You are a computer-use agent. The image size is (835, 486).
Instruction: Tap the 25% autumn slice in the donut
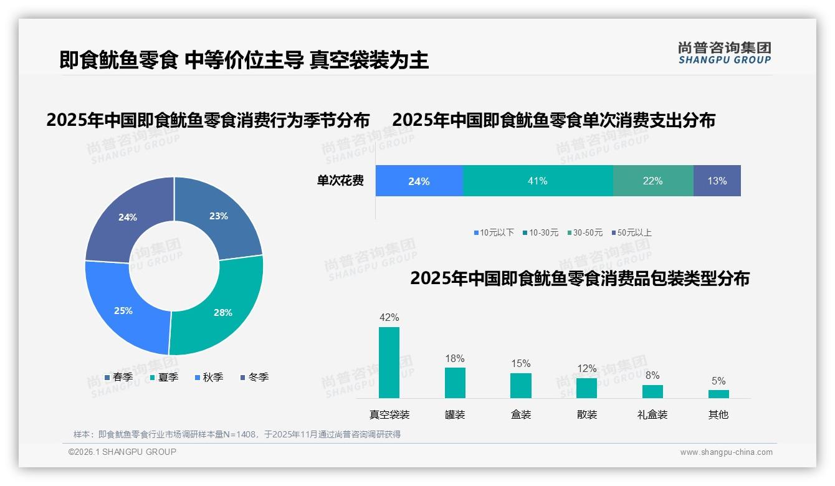tap(123, 310)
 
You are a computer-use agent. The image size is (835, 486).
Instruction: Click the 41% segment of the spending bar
tap(537, 181)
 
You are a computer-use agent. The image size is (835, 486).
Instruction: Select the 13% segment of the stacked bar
tap(717, 181)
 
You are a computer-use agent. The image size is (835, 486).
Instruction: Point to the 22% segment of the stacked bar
tap(652, 181)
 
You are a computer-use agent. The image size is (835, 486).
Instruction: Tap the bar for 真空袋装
tap(389, 363)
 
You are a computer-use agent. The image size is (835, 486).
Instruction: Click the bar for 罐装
tap(455, 383)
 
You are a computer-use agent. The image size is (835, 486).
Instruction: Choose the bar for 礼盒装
tap(652, 391)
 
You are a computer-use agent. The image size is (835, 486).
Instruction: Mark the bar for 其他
tap(718, 394)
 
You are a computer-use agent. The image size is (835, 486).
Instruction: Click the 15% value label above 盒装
tap(520, 363)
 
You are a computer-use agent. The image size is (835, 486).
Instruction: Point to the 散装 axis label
tap(586, 414)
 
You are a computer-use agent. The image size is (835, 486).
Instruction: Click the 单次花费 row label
tap(340, 181)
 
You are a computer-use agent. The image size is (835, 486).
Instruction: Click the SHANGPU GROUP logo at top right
tap(724, 53)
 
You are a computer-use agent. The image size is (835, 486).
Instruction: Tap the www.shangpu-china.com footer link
tap(726, 452)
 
